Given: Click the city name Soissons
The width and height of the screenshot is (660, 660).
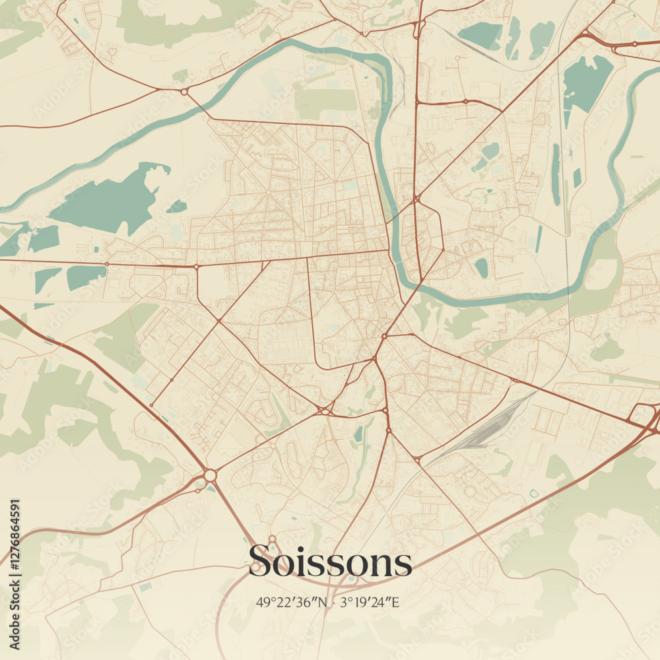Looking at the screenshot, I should pyautogui.click(x=330, y=562).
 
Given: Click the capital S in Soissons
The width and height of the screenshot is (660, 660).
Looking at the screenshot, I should pyautogui.click(x=259, y=562).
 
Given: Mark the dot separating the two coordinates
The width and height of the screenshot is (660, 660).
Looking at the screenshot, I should pyautogui.click(x=335, y=602).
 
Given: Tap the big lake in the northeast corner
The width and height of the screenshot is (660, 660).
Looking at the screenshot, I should pyautogui.click(x=585, y=83).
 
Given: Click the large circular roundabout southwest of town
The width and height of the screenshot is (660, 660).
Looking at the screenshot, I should pyautogui.click(x=210, y=475).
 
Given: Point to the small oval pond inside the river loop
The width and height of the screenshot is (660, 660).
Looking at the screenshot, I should pyautogui.click(x=482, y=267).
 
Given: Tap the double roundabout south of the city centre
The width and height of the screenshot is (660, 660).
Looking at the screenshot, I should pyautogui.click(x=324, y=411).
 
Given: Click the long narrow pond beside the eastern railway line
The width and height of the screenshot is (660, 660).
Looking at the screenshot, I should pyautogui.click(x=556, y=175).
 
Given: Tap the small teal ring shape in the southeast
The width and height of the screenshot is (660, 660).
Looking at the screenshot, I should pyautogui.click(x=533, y=493).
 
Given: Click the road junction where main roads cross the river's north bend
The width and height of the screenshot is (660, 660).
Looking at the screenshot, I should pyautogui.click(x=416, y=198).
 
